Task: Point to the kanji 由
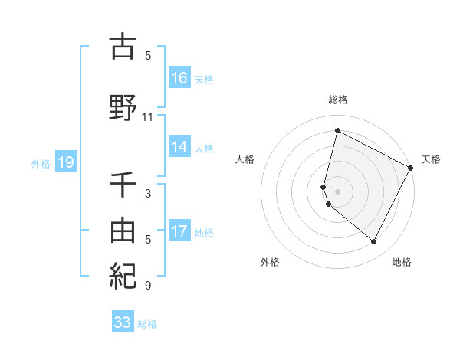coord(123,229)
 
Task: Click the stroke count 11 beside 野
coord(148,117)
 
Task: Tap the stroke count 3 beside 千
coord(148,194)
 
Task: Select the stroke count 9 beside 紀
coord(148,286)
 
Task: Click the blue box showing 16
coord(179,78)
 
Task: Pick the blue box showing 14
coord(179,148)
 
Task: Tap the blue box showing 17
coord(179,231)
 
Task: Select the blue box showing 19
coord(65,162)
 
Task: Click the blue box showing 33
coord(123,322)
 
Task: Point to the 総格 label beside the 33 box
coord(147,324)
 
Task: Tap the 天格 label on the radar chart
coord(431,159)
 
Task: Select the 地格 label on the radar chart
coord(402,262)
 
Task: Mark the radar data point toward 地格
coord(374,242)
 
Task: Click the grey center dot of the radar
coord(337,191)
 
